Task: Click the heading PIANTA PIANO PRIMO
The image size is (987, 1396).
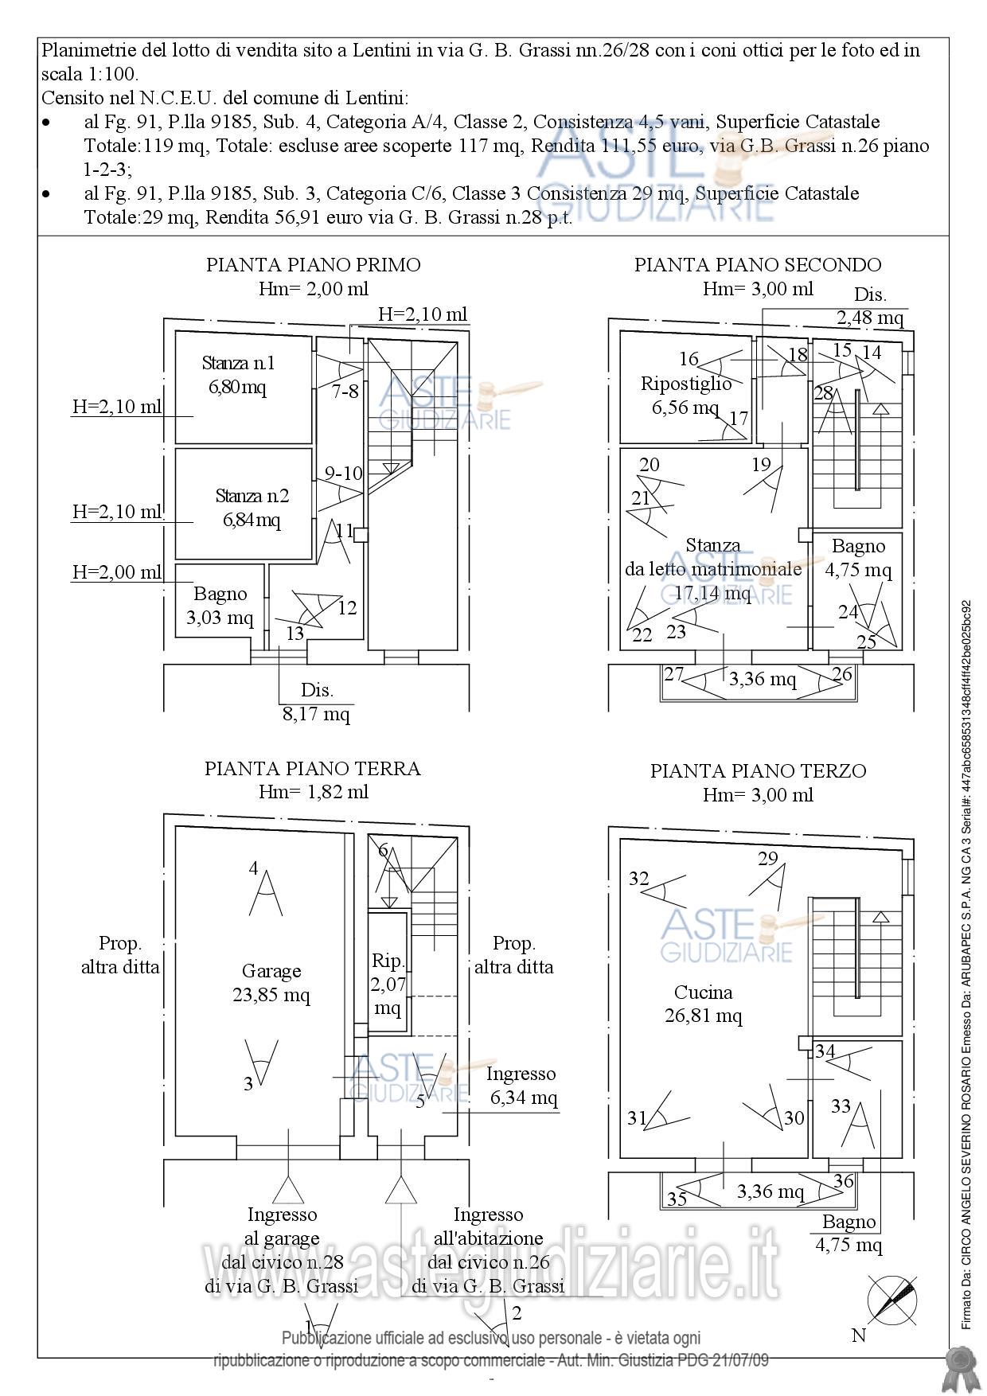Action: (x=313, y=264)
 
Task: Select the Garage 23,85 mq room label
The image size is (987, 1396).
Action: (x=271, y=983)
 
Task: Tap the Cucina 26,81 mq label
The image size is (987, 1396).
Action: (x=704, y=1004)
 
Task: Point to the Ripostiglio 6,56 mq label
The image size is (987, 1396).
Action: (x=686, y=396)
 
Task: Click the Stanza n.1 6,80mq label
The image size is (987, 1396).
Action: (x=238, y=375)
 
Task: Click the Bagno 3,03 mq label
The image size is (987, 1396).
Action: (x=220, y=605)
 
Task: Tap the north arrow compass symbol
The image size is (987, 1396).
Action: (x=891, y=1298)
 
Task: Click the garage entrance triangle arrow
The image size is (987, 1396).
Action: (x=287, y=1191)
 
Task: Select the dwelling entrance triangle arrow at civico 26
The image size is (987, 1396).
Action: (x=400, y=1191)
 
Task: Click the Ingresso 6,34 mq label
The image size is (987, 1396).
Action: (x=522, y=1086)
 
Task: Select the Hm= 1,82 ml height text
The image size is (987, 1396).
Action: (x=313, y=792)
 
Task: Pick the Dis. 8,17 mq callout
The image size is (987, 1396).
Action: (x=316, y=702)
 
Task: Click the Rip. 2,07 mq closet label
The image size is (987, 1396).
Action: (x=388, y=984)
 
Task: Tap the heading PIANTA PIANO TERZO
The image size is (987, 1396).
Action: (x=758, y=770)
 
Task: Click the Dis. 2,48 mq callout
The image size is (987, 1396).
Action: (x=870, y=306)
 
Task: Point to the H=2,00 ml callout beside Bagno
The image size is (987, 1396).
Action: (x=116, y=571)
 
